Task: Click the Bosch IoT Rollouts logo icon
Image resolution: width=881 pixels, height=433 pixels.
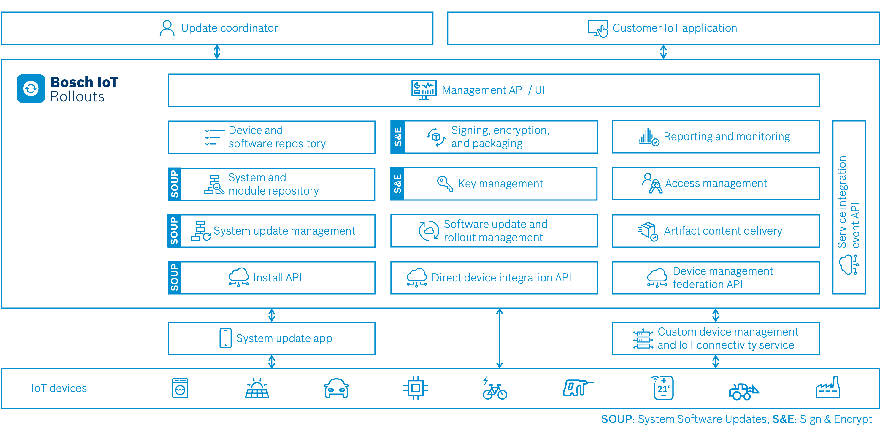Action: tap(31, 89)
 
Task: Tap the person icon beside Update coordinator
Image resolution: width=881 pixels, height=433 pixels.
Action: tap(167, 28)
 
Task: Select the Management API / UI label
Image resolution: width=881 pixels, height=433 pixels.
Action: tap(493, 90)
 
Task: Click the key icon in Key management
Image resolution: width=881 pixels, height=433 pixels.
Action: tap(445, 184)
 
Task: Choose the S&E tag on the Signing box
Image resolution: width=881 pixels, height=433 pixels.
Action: tap(398, 137)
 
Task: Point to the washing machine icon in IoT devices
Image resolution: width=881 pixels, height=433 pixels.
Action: tap(180, 388)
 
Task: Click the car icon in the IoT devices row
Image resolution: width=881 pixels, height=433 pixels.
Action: tap(336, 388)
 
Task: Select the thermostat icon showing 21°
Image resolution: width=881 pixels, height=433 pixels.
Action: tap(663, 388)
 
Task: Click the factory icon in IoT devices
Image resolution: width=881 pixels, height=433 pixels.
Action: tap(828, 388)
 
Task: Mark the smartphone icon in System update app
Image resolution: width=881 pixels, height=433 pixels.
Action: tap(225, 338)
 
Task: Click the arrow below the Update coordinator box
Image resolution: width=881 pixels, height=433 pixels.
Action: tap(217, 52)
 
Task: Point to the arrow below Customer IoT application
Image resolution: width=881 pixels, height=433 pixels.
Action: tap(663, 52)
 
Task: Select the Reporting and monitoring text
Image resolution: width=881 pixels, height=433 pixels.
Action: tap(727, 137)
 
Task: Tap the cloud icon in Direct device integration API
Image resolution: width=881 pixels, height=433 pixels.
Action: tap(416, 277)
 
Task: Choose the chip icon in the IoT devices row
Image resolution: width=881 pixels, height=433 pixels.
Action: tap(416, 388)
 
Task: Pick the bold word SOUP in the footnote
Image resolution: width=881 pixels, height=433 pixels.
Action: tap(616, 419)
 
